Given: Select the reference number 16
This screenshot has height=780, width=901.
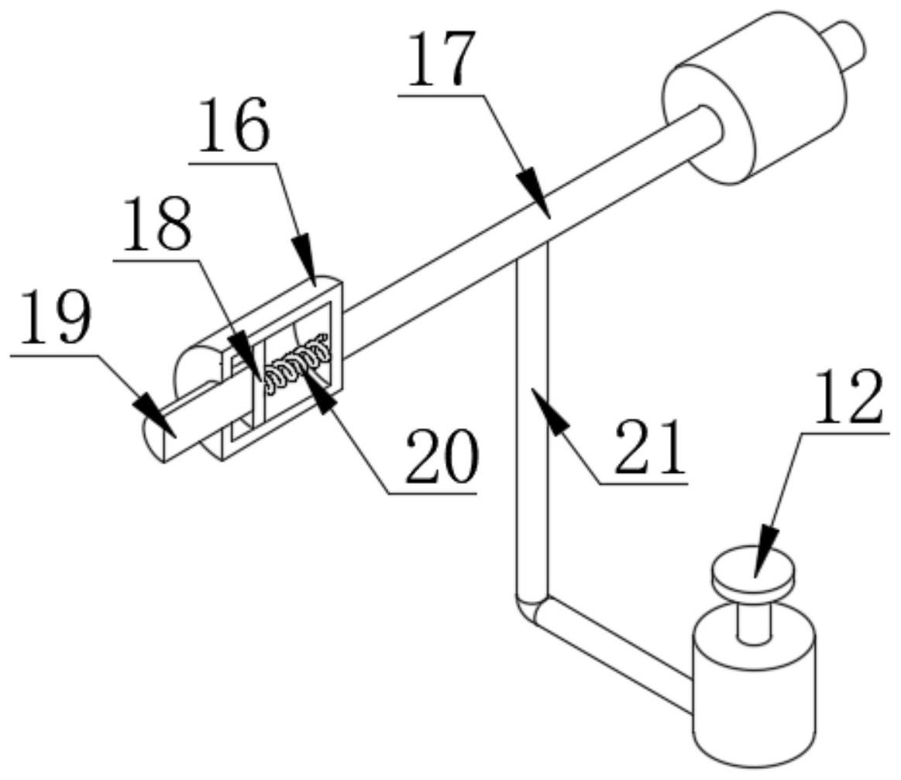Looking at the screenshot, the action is [234, 126].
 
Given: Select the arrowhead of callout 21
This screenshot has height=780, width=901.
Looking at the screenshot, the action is [548, 413].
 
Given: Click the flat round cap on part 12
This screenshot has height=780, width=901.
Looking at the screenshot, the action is [754, 570].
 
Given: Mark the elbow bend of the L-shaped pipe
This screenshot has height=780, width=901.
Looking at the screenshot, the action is [530, 609].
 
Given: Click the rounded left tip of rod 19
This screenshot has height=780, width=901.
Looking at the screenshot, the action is [153, 438].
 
